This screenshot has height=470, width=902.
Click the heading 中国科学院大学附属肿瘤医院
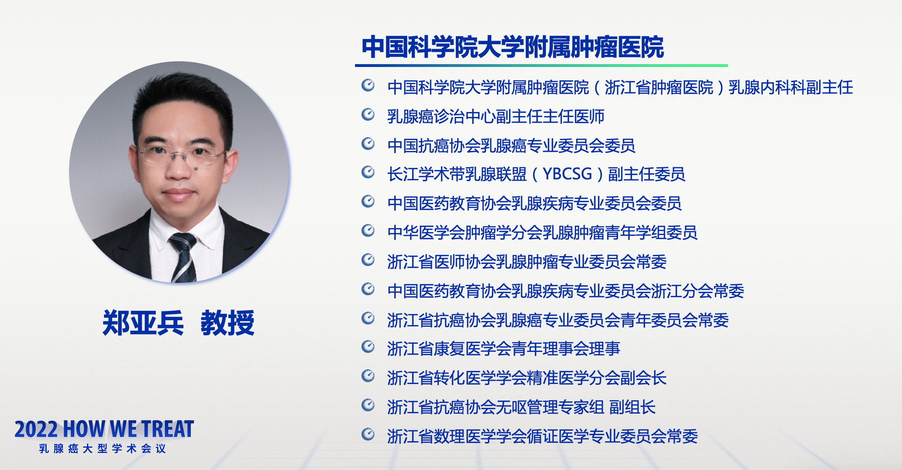coord(513,47)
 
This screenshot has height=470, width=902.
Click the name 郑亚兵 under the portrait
coord(143,323)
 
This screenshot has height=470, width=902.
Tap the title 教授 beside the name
coord(228,323)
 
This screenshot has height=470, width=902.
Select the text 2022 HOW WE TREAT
coord(104,429)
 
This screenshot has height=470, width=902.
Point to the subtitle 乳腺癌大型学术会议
coord(103,448)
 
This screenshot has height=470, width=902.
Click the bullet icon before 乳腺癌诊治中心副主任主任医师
coord(368,115)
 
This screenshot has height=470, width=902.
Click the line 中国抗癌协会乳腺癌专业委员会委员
coord(511,146)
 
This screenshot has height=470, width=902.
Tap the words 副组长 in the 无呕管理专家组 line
coord(632,407)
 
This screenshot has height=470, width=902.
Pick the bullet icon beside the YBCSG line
coord(368,172)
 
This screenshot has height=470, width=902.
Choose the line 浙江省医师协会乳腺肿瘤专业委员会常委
coord(527,262)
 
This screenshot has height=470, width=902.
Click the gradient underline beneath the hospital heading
coord(541,65)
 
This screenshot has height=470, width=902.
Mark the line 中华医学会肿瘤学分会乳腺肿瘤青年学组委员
coord(542,233)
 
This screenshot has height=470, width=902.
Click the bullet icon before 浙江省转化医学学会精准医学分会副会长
coord(368,376)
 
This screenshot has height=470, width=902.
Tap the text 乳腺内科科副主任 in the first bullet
coord(791,88)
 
